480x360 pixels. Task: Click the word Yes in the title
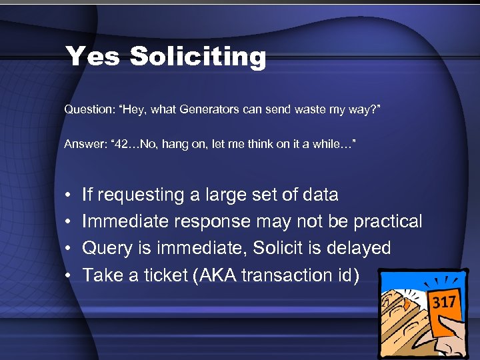[x=93, y=56]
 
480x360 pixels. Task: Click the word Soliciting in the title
[x=198, y=56]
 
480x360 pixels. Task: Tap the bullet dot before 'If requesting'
[x=69, y=195]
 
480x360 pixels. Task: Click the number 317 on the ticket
[x=444, y=303]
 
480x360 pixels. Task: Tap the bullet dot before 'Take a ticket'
[x=69, y=275]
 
